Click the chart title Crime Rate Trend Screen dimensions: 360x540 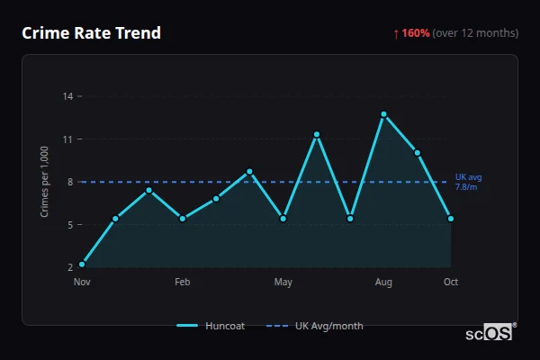click(91, 33)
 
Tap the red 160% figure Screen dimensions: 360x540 click(415, 33)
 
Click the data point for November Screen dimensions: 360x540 click(82, 265)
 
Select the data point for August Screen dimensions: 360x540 click(383, 114)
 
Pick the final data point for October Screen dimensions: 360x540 click(451, 219)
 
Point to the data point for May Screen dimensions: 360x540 click(283, 219)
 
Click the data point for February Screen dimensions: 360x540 click(183, 219)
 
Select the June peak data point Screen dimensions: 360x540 click(317, 134)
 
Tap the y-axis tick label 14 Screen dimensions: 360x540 click(68, 96)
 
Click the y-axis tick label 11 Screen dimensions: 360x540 click(68, 139)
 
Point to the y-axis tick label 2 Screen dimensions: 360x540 click(70, 267)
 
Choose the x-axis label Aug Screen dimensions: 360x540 click(383, 283)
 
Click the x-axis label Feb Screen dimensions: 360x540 click(183, 283)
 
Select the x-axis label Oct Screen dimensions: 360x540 click(451, 283)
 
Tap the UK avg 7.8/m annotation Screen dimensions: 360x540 click(468, 182)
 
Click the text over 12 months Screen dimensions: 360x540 click(475, 33)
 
